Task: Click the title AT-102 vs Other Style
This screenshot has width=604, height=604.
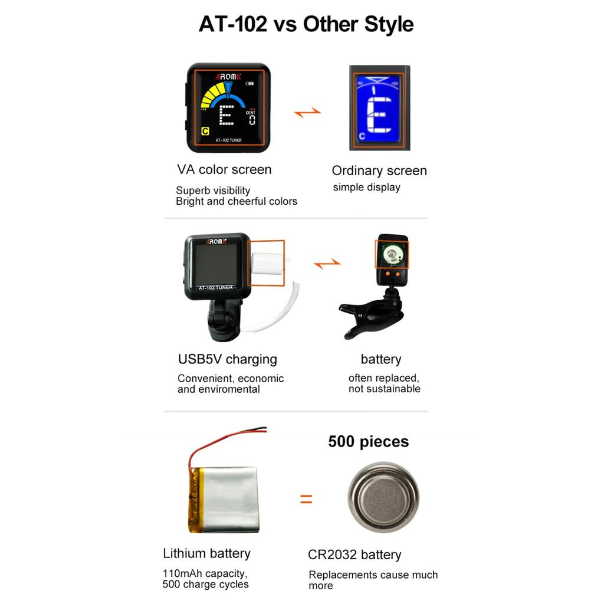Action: click(x=306, y=24)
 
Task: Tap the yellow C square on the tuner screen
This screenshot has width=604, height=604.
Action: click(x=205, y=132)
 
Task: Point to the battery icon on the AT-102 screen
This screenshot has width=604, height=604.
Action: click(x=251, y=83)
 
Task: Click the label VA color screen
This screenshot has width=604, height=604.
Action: click(x=224, y=169)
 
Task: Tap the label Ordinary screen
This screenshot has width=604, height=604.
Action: click(x=379, y=170)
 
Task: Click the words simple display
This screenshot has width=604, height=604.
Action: click(x=366, y=188)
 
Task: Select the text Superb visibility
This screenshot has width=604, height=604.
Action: click(x=213, y=191)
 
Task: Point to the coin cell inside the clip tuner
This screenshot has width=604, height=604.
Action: click(x=391, y=254)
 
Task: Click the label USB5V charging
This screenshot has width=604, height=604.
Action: click(x=227, y=359)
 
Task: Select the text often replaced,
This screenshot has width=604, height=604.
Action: click(x=383, y=378)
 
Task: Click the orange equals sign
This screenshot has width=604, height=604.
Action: click(x=306, y=499)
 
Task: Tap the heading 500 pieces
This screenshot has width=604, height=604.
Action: click(x=368, y=441)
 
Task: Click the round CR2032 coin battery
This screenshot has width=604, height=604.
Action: click(x=383, y=497)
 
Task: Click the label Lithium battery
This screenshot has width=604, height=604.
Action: click(x=206, y=553)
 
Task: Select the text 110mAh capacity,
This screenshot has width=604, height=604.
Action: click(x=205, y=573)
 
